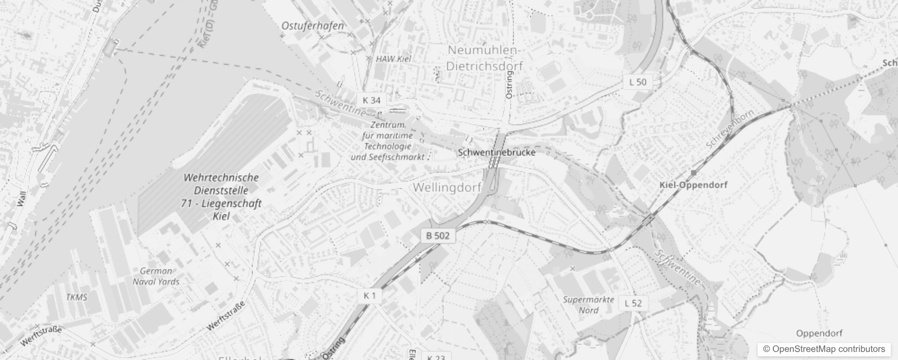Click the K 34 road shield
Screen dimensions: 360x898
coord(371,100)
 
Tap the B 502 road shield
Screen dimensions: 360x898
coord(438,235)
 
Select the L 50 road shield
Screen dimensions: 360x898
coord(638,82)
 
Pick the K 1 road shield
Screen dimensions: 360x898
coord(369,296)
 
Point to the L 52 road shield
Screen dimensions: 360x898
coord(633,303)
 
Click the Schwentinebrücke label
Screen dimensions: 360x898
coord(497,153)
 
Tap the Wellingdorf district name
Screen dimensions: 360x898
coord(447,187)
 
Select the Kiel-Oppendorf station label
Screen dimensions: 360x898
coord(693,185)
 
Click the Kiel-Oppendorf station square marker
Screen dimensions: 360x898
coord(694,173)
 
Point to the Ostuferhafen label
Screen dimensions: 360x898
coord(313,26)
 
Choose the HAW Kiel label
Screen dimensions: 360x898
coord(393,59)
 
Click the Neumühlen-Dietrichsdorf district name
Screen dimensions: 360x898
coord(485,58)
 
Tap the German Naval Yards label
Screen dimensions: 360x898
coord(156,276)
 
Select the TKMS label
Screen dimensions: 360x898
coord(76,297)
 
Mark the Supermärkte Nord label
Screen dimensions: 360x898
coord(588,305)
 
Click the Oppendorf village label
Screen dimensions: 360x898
coord(819,333)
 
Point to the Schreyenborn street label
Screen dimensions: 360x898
coord(729,129)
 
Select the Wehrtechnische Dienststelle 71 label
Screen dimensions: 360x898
coord(221,197)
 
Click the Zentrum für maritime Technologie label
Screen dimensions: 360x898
coord(387,141)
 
